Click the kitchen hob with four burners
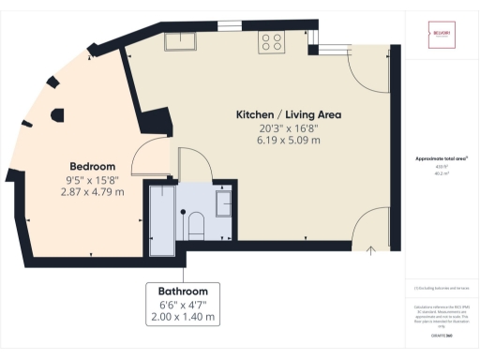[x=272, y=41]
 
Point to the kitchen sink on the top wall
[x=180, y=40]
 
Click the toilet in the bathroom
[x=196, y=224]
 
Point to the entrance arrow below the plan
[x=371, y=249]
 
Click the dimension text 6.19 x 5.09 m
[x=288, y=140]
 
